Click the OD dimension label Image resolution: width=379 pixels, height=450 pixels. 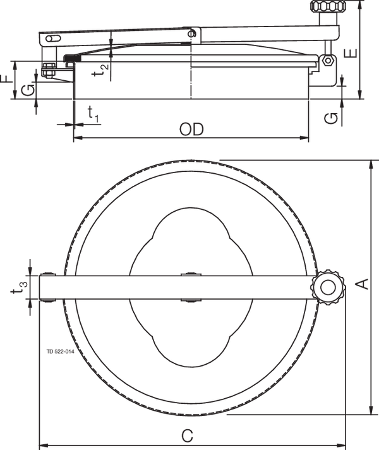(x=191, y=130)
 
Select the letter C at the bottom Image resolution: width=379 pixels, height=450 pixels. (x=187, y=435)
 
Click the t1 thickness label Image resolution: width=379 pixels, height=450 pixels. (x=93, y=114)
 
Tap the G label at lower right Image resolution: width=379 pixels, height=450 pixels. (x=334, y=117)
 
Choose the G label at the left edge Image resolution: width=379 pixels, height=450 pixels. (x=26, y=92)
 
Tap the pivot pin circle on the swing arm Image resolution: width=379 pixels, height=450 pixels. (x=193, y=33)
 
